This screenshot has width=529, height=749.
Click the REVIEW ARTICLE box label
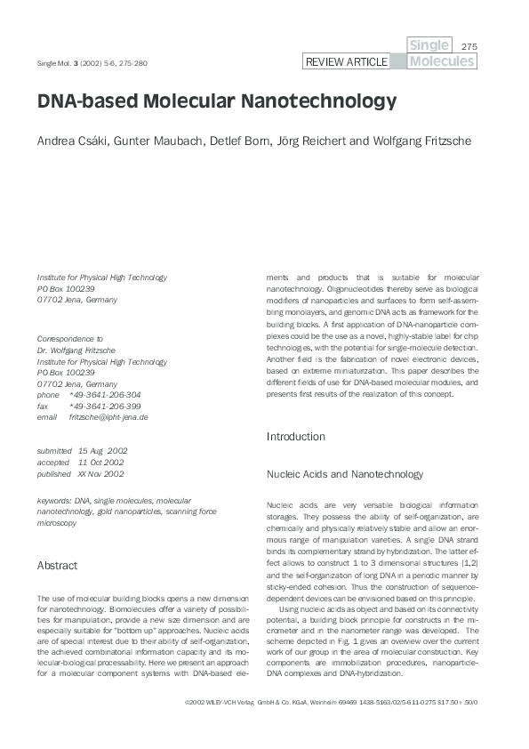click(x=346, y=61)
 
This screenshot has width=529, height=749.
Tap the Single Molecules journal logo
click(x=441, y=53)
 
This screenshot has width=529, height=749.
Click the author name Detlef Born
click(x=245, y=141)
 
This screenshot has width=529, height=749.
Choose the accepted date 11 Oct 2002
click(x=100, y=463)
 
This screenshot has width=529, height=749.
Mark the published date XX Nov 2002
click(x=100, y=474)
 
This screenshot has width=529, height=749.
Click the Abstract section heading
click(x=57, y=565)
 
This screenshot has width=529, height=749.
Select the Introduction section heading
click(x=296, y=437)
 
